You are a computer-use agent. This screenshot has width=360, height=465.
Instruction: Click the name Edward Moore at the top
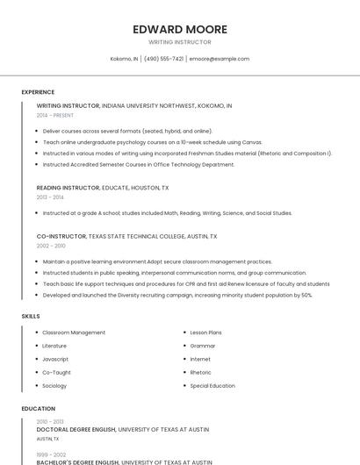(x=180, y=29)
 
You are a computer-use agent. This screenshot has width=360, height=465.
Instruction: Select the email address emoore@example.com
(x=220, y=59)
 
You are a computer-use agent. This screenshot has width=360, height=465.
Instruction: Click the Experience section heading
(x=38, y=92)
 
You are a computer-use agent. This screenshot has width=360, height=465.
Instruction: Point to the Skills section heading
(x=31, y=316)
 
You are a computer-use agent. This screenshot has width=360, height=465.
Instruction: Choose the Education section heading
(x=38, y=409)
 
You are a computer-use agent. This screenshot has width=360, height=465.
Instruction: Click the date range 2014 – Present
(x=55, y=115)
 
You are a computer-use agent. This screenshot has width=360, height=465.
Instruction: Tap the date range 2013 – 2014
(x=50, y=197)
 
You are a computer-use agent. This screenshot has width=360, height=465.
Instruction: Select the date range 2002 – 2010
(x=50, y=246)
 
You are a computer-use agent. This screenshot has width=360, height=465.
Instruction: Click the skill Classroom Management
(x=74, y=333)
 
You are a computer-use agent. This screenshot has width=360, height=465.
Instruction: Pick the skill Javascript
(x=55, y=359)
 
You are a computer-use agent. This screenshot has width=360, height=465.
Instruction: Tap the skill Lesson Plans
(x=206, y=333)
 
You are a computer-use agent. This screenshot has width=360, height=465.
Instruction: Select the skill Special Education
(x=212, y=385)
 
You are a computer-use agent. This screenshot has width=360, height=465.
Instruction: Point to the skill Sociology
(x=54, y=385)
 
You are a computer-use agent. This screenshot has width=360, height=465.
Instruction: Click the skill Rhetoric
(x=201, y=372)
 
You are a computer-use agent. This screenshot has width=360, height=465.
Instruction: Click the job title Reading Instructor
(x=68, y=188)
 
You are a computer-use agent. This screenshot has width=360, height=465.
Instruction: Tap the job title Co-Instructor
(x=61, y=236)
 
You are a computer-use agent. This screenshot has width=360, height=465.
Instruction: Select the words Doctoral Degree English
(x=77, y=430)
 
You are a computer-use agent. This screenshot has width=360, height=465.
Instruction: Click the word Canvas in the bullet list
(x=251, y=141)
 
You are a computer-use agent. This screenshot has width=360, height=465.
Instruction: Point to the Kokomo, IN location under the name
(x=124, y=59)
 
